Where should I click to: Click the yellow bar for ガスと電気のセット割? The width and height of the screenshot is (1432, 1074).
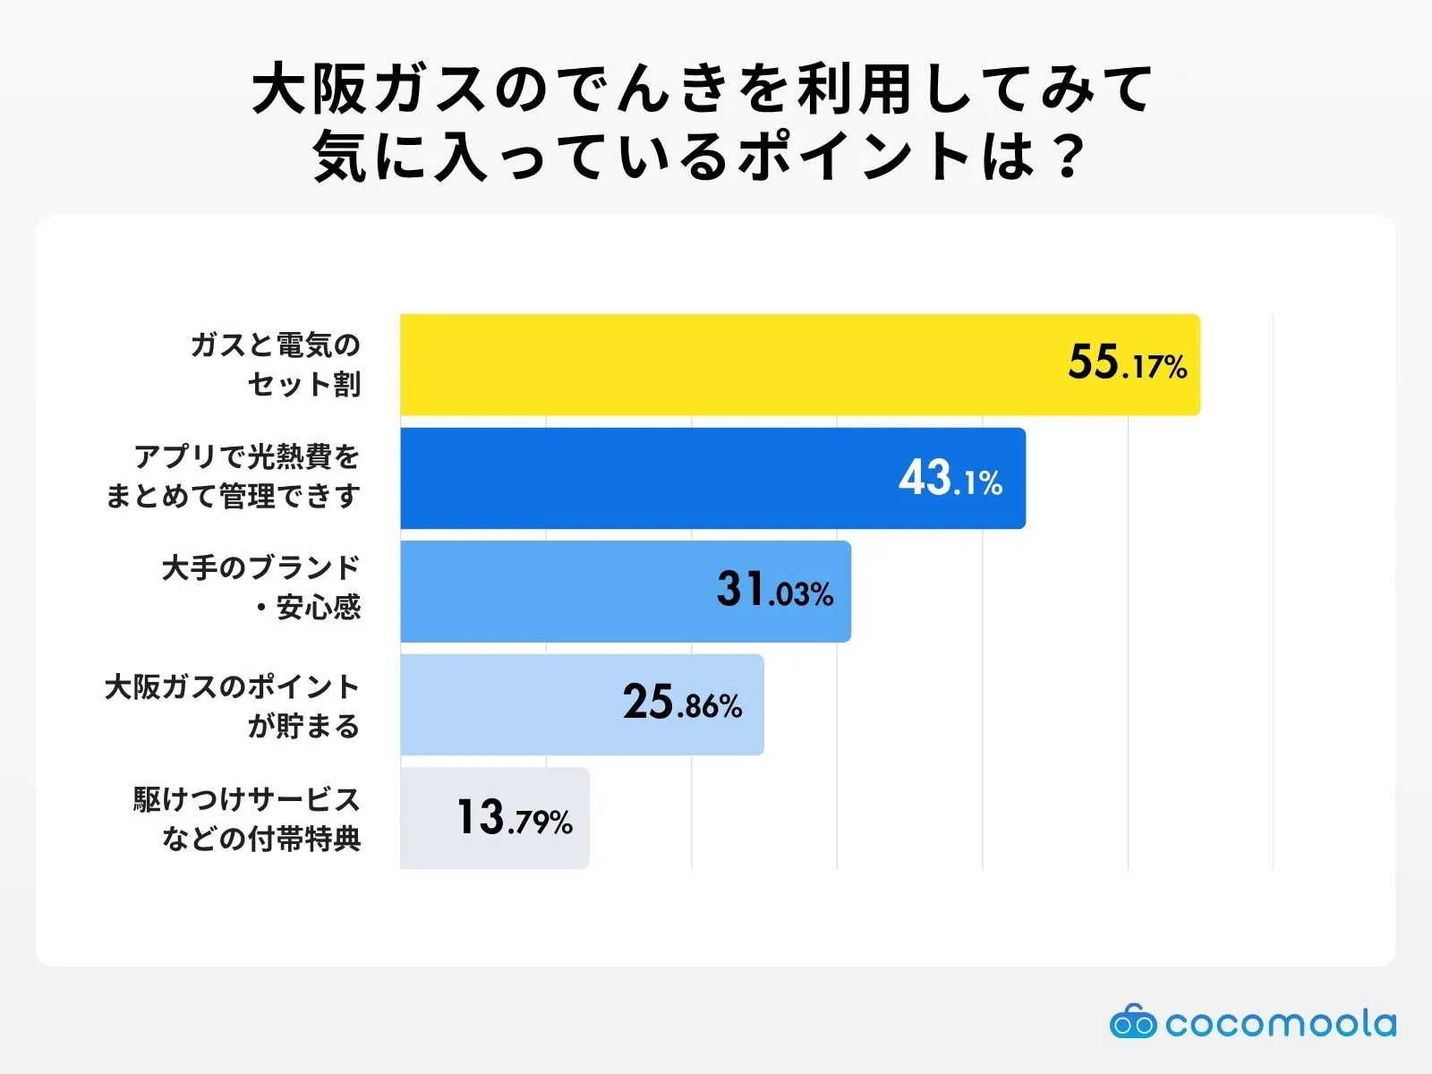click(716, 364)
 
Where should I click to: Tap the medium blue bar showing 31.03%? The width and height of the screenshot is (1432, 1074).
click(555, 591)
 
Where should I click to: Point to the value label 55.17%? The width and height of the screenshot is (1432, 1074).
click(1127, 363)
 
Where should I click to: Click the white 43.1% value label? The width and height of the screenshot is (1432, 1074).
click(950, 479)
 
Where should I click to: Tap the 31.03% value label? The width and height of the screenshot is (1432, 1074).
click(774, 591)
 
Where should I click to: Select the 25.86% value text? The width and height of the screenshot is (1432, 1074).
click(682, 703)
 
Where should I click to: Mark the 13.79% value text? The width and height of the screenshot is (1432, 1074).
click(514, 818)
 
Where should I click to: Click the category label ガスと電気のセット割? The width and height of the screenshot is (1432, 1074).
click(276, 364)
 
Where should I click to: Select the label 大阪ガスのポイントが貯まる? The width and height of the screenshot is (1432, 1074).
click(233, 705)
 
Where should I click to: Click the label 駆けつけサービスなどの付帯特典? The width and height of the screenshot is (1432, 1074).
click(247, 818)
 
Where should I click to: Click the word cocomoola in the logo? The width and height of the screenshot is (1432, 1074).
click(1280, 1023)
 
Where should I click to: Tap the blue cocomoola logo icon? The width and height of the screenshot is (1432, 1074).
click(1133, 1022)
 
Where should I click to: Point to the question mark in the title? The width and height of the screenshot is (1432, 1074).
click(1067, 158)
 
